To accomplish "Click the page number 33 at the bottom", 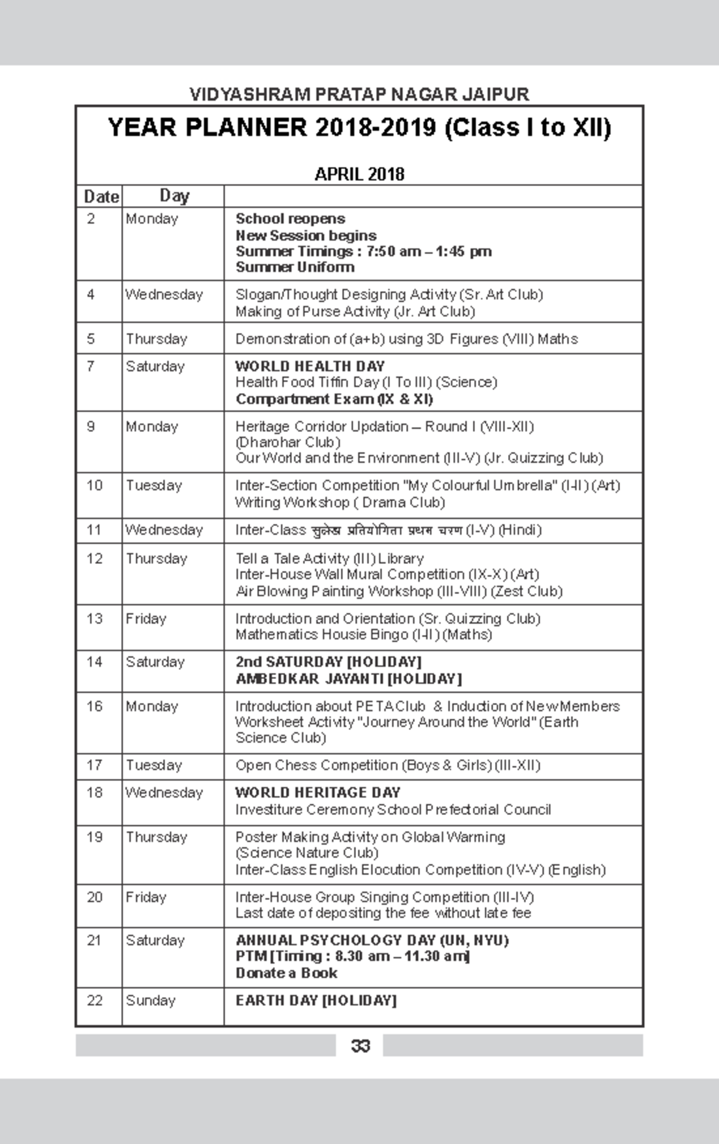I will click(360, 1046).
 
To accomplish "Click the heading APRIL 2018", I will click(359, 174).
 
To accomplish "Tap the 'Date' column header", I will click(101, 197).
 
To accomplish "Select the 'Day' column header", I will click(174, 195).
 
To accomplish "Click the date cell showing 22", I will click(95, 1000).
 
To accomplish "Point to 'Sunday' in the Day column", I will click(150, 1000).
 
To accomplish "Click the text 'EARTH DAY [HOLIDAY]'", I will click(316, 1000).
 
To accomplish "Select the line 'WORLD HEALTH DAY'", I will click(310, 366).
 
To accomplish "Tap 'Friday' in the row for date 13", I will click(146, 618).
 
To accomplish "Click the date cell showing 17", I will click(95, 765).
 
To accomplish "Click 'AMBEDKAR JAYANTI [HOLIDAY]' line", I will click(348, 679).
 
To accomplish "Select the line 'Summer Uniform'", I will click(295, 267).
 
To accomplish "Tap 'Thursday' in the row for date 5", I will click(156, 339).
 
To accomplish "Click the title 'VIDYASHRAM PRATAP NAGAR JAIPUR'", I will click(359, 95).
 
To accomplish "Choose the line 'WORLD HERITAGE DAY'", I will click(318, 792).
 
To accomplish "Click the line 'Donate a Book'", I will click(286, 973).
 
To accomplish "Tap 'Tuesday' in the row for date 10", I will click(153, 485).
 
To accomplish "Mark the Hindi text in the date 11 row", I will click(387, 530).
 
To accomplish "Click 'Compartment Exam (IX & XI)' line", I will click(334, 399).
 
